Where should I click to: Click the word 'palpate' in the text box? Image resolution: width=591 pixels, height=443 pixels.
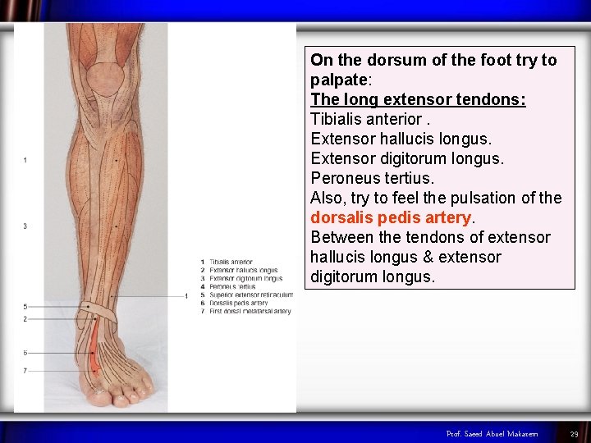pyautogui.click(x=340, y=80)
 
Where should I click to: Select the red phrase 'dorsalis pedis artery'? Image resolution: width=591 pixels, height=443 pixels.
pyautogui.click(x=391, y=217)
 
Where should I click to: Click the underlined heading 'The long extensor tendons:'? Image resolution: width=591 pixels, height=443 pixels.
pyautogui.click(x=418, y=99)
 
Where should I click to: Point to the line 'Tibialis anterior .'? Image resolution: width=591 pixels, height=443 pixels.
pyautogui.click(x=366, y=119)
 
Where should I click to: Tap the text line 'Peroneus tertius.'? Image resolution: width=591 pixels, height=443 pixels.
pyautogui.click(x=372, y=178)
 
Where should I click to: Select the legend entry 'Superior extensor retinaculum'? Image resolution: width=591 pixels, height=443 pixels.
pyautogui.click(x=251, y=295)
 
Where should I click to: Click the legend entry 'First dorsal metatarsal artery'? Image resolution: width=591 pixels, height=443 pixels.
pyautogui.click(x=250, y=312)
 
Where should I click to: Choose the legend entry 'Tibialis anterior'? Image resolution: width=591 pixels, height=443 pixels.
pyautogui.click(x=231, y=262)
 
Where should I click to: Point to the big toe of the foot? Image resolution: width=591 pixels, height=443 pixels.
pyautogui.click(x=98, y=396)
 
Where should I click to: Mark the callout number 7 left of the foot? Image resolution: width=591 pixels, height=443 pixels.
pyautogui.click(x=25, y=371)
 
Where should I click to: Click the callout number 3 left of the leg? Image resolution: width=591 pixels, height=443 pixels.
pyautogui.click(x=25, y=226)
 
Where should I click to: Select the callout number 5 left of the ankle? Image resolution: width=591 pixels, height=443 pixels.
pyautogui.click(x=25, y=307)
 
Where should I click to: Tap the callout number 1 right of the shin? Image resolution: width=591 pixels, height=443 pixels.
pyautogui.click(x=187, y=295)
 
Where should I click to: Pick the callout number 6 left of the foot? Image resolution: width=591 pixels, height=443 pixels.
pyautogui.click(x=25, y=353)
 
